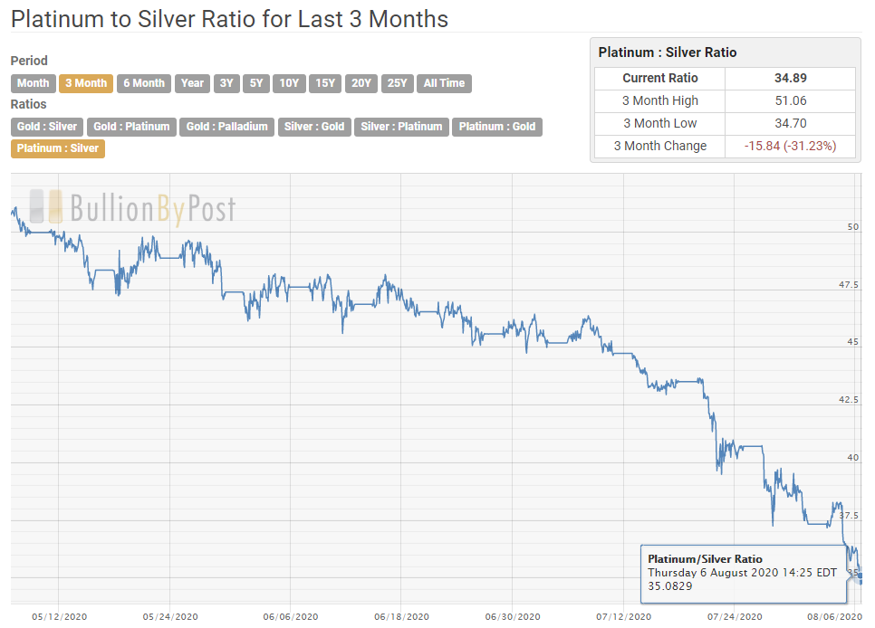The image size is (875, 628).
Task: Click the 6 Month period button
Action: click(144, 83)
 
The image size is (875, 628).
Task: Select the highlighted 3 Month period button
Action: click(86, 83)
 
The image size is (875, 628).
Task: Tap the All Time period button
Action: click(444, 83)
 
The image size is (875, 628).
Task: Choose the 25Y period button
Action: click(397, 83)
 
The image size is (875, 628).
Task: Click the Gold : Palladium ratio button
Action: click(226, 127)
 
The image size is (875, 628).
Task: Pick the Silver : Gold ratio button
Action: click(314, 127)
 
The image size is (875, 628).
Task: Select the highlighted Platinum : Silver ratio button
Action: click(58, 148)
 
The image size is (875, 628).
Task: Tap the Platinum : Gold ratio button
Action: click(497, 127)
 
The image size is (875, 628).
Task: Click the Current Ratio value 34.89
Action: click(784, 79)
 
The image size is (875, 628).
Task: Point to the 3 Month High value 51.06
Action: click(784, 101)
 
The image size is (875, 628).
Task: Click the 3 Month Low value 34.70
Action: click(784, 123)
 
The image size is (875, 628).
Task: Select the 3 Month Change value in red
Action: click(784, 146)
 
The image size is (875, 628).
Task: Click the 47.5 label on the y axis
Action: click(848, 285)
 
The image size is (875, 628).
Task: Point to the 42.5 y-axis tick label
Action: click(848, 400)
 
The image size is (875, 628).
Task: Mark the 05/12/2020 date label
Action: click(59, 617)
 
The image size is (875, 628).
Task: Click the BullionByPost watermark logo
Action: click(132, 208)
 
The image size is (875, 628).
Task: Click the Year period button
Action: click(192, 83)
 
